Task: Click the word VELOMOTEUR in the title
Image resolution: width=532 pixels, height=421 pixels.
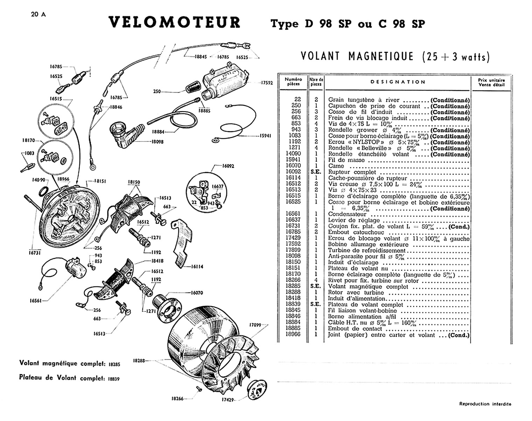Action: tap(174, 22)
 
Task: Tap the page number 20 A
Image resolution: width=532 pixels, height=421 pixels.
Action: tap(38, 15)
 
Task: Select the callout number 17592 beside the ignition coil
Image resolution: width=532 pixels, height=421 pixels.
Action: tap(267, 83)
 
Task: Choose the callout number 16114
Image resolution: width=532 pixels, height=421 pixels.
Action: tap(197, 266)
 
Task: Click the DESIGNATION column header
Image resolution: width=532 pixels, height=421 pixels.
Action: tap(398, 82)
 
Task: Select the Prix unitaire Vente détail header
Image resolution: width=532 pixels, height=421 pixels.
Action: tap(491, 82)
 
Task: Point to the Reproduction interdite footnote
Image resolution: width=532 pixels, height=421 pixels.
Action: tap(485, 404)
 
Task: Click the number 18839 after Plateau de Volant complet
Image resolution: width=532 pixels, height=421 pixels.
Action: tap(114, 379)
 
